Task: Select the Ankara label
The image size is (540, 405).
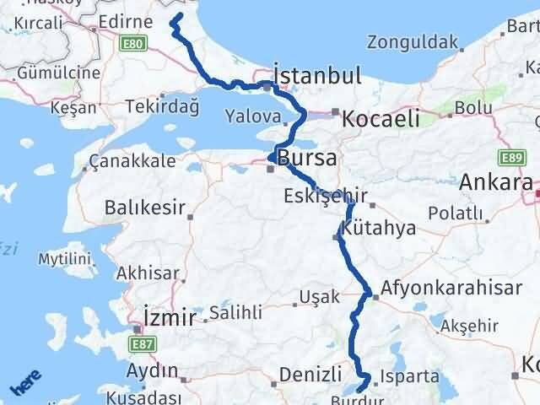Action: click(x=496, y=181)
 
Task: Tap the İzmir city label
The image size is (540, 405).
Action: click(x=170, y=317)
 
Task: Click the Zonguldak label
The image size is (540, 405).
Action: click(x=413, y=41)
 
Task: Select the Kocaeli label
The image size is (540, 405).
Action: click(x=381, y=120)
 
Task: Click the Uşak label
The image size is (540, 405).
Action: click(x=324, y=296)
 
